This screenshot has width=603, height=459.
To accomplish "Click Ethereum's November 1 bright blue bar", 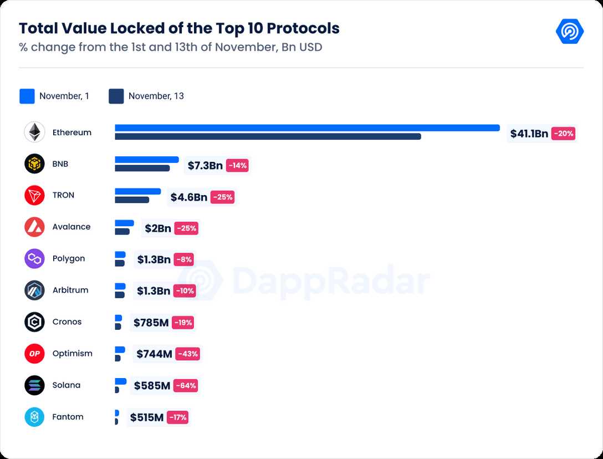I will pyautogui.click(x=307, y=128).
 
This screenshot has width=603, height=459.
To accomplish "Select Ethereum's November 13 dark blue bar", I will pyautogui.click(x=268, y=136).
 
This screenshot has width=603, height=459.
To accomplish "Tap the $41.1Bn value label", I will pyautogui.click(x=529, y=134).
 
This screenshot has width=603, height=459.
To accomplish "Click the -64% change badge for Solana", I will pyautogui.click(x=185, y=386).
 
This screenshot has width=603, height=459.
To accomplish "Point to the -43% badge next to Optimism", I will pyautogui.click(x=187, y=354).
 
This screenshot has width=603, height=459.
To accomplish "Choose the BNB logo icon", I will pyautogui.click(x=34, y=164).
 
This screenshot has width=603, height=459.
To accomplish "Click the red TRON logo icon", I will pyautogui.click(x=34, y=196).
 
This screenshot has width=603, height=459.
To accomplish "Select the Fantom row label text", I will pyautogui.click(x=68, y=417).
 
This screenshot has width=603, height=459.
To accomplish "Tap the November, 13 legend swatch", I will pyautogui.click(x=116, y=96).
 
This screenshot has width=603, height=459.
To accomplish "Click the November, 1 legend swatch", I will pyautogui.click(x=27, y=96).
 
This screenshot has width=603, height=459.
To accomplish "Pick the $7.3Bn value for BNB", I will pyautogui.click(x=205, y=165).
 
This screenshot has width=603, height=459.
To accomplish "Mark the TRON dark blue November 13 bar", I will pyautogui.click(x=132, y=200).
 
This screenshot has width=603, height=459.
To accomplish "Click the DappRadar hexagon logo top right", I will pyautogui.click(x=569, y=31).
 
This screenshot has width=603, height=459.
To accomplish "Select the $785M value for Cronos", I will pyautogui.click(x=151, y=323).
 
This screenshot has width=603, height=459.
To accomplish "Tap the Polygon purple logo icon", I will pyautogui.click(x=34, y=259).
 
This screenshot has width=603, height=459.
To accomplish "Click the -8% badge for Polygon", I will pyautogui.click(x=184, y=259).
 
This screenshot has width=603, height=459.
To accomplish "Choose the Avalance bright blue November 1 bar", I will pyautogui.click(x=124, y=223).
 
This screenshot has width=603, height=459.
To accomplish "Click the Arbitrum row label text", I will pyautogui.click(x=70, y=290).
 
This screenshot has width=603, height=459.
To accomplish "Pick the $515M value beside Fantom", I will pyautogui.click(x=147, y=417).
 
